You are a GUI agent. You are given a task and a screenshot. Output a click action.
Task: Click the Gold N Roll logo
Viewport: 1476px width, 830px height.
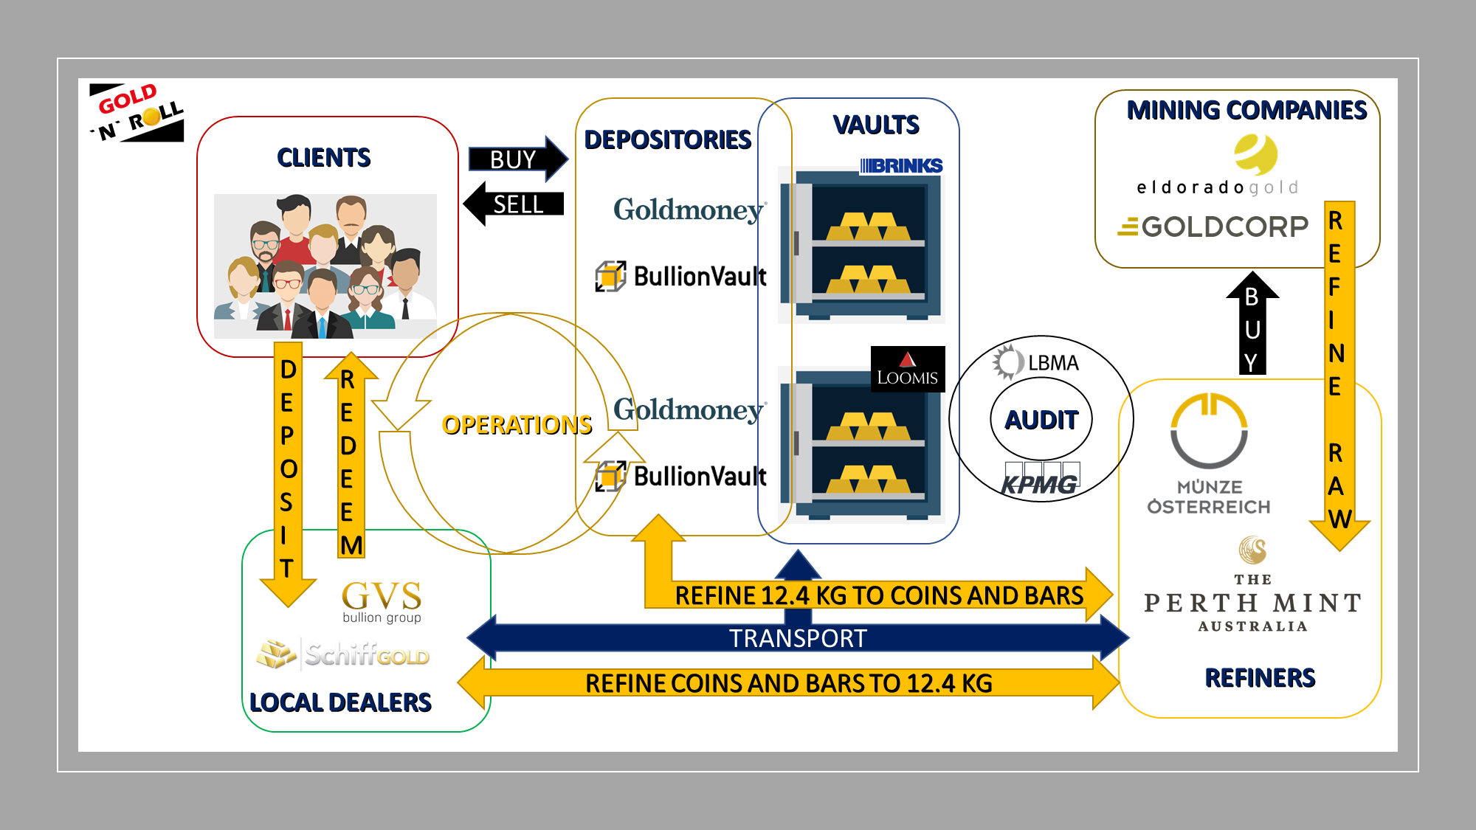tap(137, 112)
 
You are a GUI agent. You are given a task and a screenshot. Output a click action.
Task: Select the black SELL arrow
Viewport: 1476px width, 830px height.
tap(514, 204)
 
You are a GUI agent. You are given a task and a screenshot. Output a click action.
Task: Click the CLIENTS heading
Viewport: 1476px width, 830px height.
tap(323, 157)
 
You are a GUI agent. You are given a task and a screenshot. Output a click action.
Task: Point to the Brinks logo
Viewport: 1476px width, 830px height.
tap(901, 166)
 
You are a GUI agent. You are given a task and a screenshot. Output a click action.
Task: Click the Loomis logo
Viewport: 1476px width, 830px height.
tap(908, 369)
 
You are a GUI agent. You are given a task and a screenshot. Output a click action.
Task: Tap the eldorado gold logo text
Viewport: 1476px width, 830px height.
tap(1217, 187)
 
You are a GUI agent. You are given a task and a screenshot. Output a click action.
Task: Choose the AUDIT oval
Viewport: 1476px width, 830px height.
tap(1041, 419)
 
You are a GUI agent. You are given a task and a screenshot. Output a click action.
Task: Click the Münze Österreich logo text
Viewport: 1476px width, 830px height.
tap(1209, 497)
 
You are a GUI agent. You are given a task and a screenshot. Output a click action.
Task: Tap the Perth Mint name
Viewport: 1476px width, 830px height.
tap(1253, 603)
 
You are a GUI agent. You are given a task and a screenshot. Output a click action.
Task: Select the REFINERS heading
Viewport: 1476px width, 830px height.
tap(1260, 677)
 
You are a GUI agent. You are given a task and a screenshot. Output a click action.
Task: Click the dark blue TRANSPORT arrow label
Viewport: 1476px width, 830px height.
tap(798, 638)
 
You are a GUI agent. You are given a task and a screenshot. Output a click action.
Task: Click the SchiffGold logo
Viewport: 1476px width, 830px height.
tap(343, 654)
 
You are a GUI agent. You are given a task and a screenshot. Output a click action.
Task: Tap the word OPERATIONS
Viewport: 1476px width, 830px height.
tap(517, 425)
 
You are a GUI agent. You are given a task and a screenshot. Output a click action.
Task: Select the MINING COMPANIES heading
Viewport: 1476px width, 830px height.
tap(1246, 110)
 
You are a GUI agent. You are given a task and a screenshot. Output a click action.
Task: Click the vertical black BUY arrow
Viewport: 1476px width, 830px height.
tap(1252, 323)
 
